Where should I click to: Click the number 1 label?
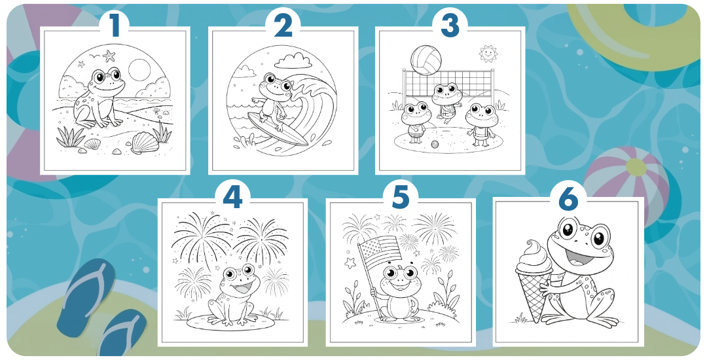point(115,26)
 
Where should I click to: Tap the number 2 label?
point(283,26)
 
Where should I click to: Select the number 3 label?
point(450,26)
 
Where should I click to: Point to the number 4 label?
point(232,196)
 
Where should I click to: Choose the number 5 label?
point(401,196)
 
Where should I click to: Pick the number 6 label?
point(568,196)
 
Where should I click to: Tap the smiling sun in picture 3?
point(486,53)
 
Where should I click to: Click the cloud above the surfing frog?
point(293,60)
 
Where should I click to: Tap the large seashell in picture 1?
point(144,142)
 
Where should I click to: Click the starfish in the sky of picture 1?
point(109,56)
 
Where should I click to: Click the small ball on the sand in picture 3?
point(434,143)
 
